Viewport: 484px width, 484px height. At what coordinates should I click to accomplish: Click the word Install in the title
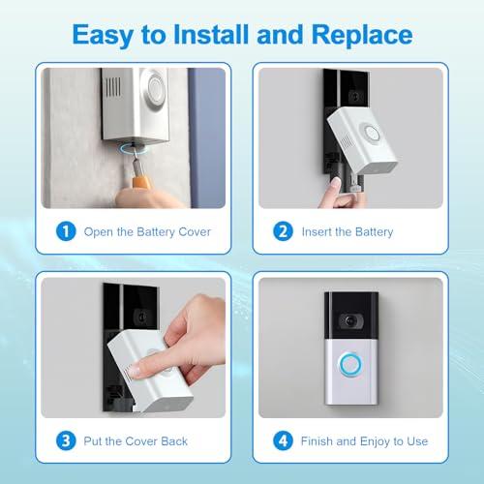pyautogui.click(x=212, y=35)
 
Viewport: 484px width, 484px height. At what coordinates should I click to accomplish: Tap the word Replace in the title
pyautogui.click(x=362, y=35)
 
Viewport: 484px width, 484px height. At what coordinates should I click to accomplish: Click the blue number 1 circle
pyautogui.click(x=66, y=231)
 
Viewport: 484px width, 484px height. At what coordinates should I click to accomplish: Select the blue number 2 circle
pyautogui.click(x=283, y=231)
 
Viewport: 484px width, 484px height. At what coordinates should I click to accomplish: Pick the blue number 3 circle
pyautogui.click(x=66, y=440)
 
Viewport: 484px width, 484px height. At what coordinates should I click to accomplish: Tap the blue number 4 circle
pyautogui.click(x=283, y=440)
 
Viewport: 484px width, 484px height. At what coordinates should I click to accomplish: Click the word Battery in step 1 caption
pyautogui.click(x=156, y=232)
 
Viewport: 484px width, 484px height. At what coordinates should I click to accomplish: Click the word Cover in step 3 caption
pyautogui.click(x=140, y=441)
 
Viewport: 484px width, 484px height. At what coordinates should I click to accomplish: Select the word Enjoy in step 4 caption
pyautogui.click(x=375, y=442)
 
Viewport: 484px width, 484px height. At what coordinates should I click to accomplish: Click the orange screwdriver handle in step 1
pyautogui.click(x=140, y=180)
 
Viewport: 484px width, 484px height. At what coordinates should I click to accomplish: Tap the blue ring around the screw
pyautogui.click(x=133, y=149)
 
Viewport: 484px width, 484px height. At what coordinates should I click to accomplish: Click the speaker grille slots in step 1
pyautogui.click(x=113, y=86)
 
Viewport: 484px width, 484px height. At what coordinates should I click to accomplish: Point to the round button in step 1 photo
pyautogui.click(x=156, y=87)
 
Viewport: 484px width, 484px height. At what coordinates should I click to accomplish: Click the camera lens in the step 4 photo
pyautogui.click(x=350, y=321)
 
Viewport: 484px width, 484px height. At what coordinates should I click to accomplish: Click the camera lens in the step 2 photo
pyautogui.click(x=356, y=96)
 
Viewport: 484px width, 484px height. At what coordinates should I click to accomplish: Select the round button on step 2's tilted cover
pyautogui.click(x=371, y=133)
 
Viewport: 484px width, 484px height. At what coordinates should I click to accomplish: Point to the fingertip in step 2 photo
pyautogui.click(x=336, y=183)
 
